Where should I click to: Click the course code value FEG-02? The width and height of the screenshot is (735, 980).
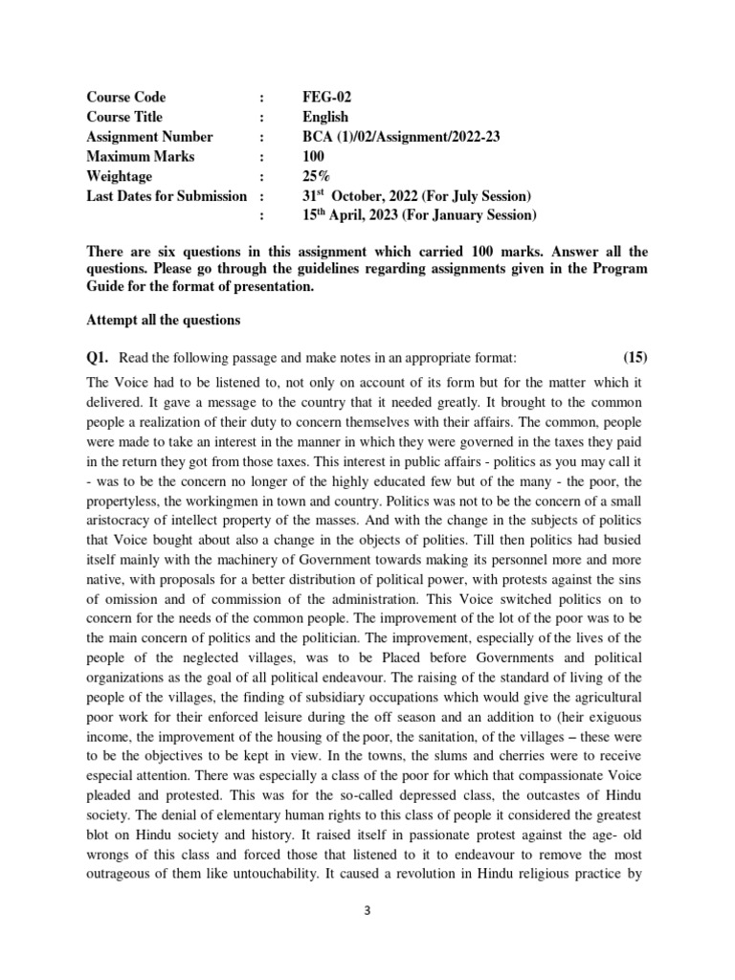click(x=325, y=98)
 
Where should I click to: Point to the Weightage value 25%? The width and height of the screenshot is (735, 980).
click(x=313, y=176)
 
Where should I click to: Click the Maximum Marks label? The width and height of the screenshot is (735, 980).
click(x=140, y=156)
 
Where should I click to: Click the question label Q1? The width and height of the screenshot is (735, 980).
click(x=98, y=358)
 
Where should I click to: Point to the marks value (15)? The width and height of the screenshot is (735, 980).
click(x=635, y=358)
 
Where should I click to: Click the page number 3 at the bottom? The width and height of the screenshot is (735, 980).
click(x=367, y=911)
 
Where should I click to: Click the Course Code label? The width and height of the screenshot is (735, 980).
click(x=125, y=98)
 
